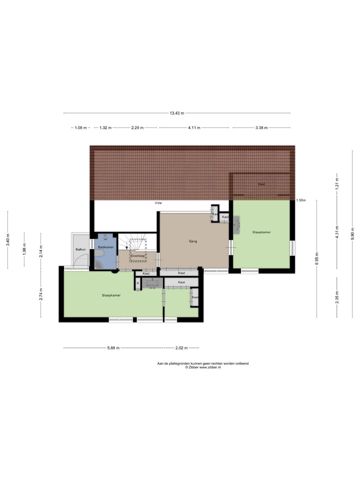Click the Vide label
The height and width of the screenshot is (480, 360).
coord(158,203)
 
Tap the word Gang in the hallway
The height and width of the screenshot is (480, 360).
coord(193,241)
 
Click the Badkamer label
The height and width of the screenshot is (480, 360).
coord(105,247)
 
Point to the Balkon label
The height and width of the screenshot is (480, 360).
coord(80,249)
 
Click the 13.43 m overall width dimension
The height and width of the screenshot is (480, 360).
coord(175,113)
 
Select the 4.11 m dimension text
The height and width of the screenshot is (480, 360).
coord(194,128)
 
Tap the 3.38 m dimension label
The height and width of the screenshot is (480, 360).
coord(261,128)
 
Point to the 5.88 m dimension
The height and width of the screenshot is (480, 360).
coord(113,348)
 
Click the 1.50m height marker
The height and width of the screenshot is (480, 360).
coord(300,200)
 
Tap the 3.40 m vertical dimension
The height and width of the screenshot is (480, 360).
coord(7,239)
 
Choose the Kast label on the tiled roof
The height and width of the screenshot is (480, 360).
coord(261,184)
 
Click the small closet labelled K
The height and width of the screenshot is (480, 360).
coord(137,283)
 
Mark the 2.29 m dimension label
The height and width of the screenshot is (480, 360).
coord(137,128)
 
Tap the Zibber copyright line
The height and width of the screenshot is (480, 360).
coord(202,367)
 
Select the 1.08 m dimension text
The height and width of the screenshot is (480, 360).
coord(80,128)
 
